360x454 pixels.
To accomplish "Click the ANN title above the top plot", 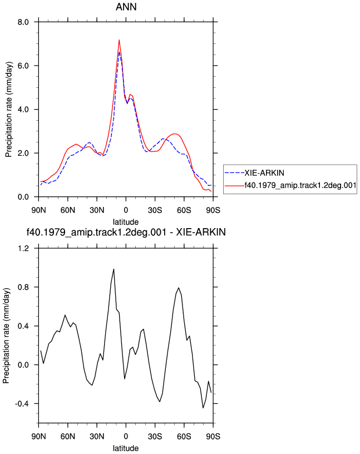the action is pyautogui.click(x=126, y=7).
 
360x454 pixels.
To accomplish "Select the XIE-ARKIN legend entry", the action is pyautogui.click(x=254, y=173).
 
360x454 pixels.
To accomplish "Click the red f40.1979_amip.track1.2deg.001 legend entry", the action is pyautogui.click(x=290, y=185).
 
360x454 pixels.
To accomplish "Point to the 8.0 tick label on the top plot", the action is pyautogui.click(x=23, y=22).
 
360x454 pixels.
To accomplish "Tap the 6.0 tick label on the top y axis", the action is pyautogui.click(x=23, y=66).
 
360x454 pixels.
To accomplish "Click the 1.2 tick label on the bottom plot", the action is pyautogui.click(x=23, y=248).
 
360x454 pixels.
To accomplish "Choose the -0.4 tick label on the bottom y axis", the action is pyautogui.click(x=22, y=403).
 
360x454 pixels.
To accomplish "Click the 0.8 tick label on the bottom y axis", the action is pyautogui.click(x=23, y=287).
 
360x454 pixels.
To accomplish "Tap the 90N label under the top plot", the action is pyautogui.click(x=38, y=210).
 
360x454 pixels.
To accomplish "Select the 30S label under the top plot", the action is pyautogui.click(x=155, y=210).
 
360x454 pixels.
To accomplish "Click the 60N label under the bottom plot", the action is pyautogui.click(x=68, y=436).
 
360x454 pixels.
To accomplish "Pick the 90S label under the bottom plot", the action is pyautogui.click(x=213, y=436).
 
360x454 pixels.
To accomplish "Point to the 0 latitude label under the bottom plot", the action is pyautogui.click(x=126, y=436).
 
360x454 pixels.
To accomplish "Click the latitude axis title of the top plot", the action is pyautogui.click(x=126, y=222).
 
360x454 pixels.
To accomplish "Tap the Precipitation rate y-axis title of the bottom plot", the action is pyautogui.click(x=6, y=335).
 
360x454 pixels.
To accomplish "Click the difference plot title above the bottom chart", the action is pyautogui.click(x=126, y=232).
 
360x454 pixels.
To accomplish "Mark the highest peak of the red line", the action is pyautogui.click(x=119, y=40).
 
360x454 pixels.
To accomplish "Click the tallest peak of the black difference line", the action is pyautogui.click(x=114, y=269).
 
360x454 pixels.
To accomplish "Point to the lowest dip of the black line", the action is pyautogui.click(x=203, y=408).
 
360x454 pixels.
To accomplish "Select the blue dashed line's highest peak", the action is pyautogui.click(x=119, y=52).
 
